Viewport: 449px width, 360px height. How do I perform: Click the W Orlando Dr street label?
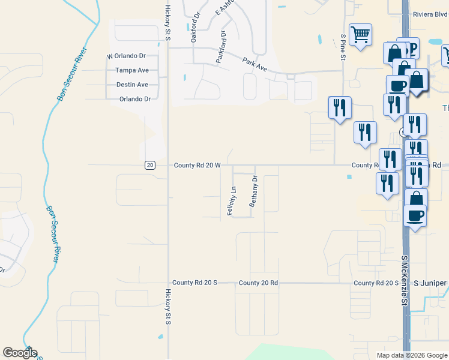[127, 56]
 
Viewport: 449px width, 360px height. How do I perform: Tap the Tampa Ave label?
[132, 70]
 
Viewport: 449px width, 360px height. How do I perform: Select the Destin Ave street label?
[132, 85]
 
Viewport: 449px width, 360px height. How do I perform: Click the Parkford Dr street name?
[220, 47]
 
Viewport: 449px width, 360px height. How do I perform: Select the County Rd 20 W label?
[197, 165]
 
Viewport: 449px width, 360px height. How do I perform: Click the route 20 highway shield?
[150, 165]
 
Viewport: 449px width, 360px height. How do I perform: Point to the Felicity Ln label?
[231, 201]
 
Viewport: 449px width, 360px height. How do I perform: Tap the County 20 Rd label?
[258, 283]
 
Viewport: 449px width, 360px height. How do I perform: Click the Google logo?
[20, 353]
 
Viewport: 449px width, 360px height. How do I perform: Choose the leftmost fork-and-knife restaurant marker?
[339, 108]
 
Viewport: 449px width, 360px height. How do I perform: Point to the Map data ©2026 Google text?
[411, 355]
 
